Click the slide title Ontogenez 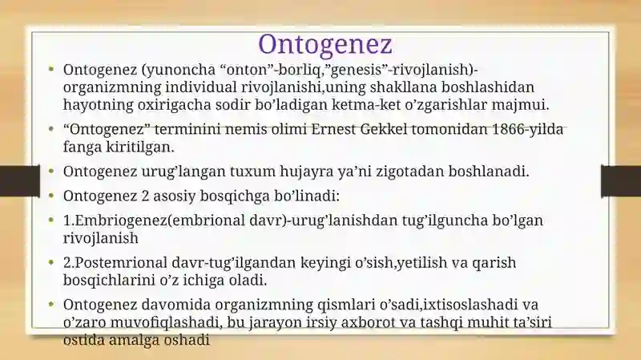click(325, 44)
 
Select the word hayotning click(98, 105)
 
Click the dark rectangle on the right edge click(621, 181)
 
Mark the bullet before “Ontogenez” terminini click(51, 129)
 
